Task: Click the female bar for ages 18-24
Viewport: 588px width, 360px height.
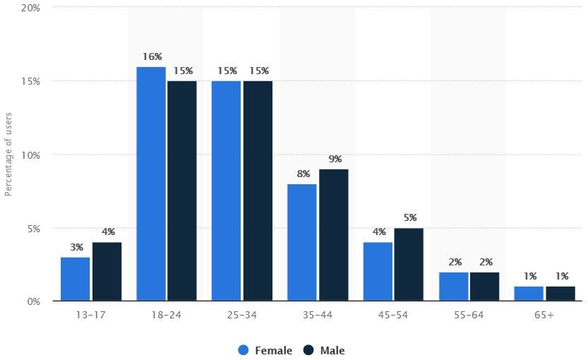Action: click(151, 184)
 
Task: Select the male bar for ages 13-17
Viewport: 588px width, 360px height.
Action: click(107, 272)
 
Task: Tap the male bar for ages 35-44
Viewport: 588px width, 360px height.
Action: click(333, 235)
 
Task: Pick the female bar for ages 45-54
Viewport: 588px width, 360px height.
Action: click(378, 272)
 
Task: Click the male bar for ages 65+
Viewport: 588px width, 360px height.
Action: click(560, 294)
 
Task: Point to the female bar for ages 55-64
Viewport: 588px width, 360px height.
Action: click(454, 287)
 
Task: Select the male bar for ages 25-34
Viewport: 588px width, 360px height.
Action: click(258, 191)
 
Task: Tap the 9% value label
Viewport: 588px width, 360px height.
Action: click(334, 160)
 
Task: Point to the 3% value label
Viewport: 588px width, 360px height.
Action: click(76, 247)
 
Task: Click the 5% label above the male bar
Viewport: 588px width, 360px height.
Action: click(410, 218)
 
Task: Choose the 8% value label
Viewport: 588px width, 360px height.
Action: click(302, 174)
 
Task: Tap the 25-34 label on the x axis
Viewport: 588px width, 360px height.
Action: click(242, 315)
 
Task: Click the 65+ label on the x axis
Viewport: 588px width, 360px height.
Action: click(544, 315)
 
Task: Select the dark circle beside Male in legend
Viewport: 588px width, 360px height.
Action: click(308, 350)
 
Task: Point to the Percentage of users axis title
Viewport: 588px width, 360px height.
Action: click(9, 154)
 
